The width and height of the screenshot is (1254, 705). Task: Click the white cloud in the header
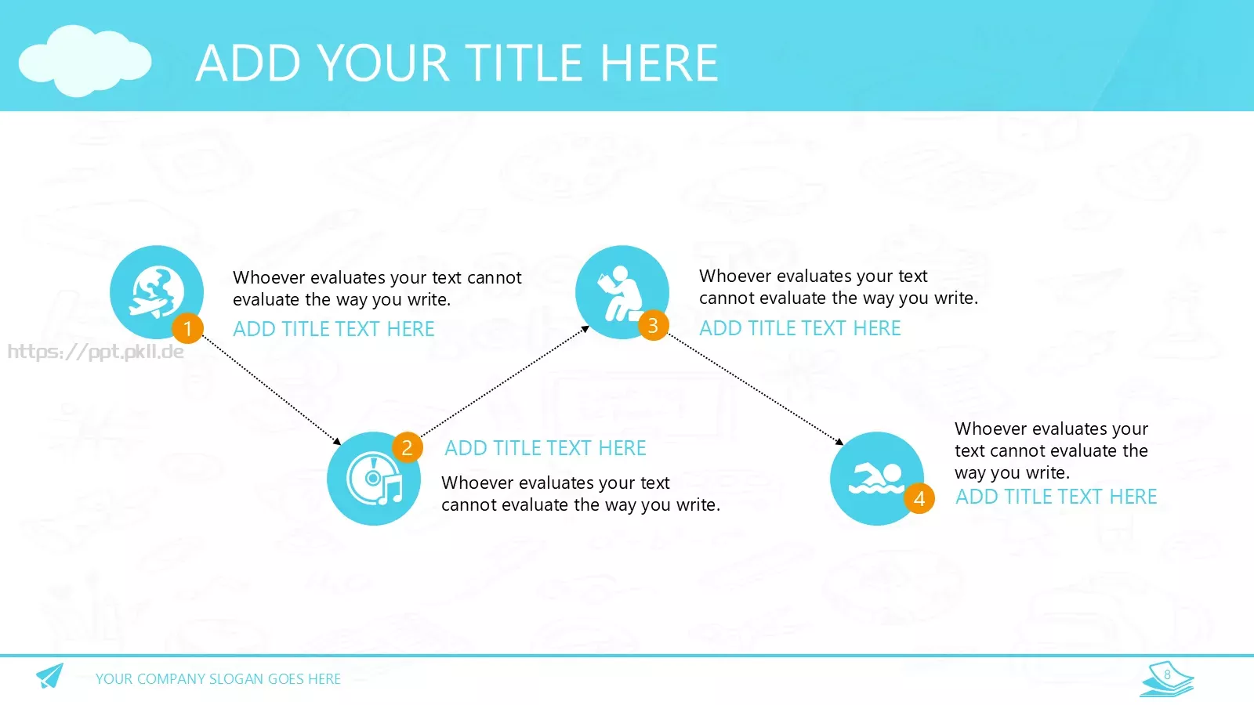[85, 60]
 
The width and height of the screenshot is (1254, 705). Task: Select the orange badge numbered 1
[187, 328]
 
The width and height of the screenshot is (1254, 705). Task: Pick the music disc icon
[374, 479]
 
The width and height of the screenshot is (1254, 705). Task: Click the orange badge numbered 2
[407, 447]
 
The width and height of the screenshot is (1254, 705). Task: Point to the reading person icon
[620, 293]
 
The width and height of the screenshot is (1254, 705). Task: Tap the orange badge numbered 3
[653, 325]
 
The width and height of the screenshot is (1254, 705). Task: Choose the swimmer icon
[876, 479]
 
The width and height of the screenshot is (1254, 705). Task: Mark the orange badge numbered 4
[919, 498]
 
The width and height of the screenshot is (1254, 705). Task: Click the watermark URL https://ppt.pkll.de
[96, 352]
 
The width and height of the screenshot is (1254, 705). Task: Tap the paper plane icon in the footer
[50, 675]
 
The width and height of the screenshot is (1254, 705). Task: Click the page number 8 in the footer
[1167, 674]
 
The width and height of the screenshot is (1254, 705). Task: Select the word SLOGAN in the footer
[236, 678]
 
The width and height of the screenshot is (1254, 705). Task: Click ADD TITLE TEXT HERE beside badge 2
[545, 448]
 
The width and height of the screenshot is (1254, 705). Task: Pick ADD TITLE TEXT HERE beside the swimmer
[1056, 497]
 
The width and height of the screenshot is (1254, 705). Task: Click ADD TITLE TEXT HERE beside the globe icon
[334, 329]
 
